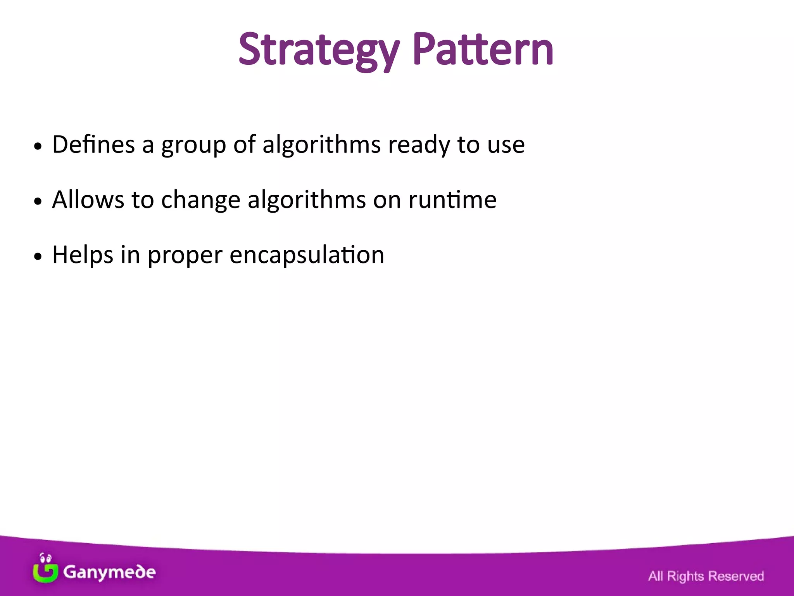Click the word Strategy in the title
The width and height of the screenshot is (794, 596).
319,50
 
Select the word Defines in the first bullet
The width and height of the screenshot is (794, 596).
93,144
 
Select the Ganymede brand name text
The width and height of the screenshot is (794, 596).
109,572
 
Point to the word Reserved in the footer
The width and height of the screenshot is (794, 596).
736,576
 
